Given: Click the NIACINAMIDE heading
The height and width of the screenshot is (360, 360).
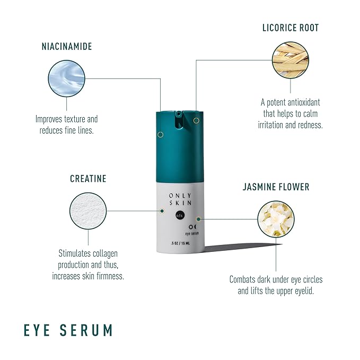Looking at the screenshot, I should [x=67, y=47].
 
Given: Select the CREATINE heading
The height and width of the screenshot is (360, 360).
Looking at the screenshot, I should [x=88, y=179].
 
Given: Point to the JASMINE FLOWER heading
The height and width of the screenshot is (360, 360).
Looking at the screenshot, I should [x=276, y=187].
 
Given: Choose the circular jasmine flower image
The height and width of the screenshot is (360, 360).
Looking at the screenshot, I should [x=275, y=218].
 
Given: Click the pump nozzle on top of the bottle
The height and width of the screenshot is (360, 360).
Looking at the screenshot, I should [x=178, y=115].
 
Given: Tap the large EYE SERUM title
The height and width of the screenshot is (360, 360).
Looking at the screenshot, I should [x=68, y=330].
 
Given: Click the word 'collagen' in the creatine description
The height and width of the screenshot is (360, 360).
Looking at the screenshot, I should [x=107, y=253].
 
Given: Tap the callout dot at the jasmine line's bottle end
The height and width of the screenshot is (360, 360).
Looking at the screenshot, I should [x=198, y=218].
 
